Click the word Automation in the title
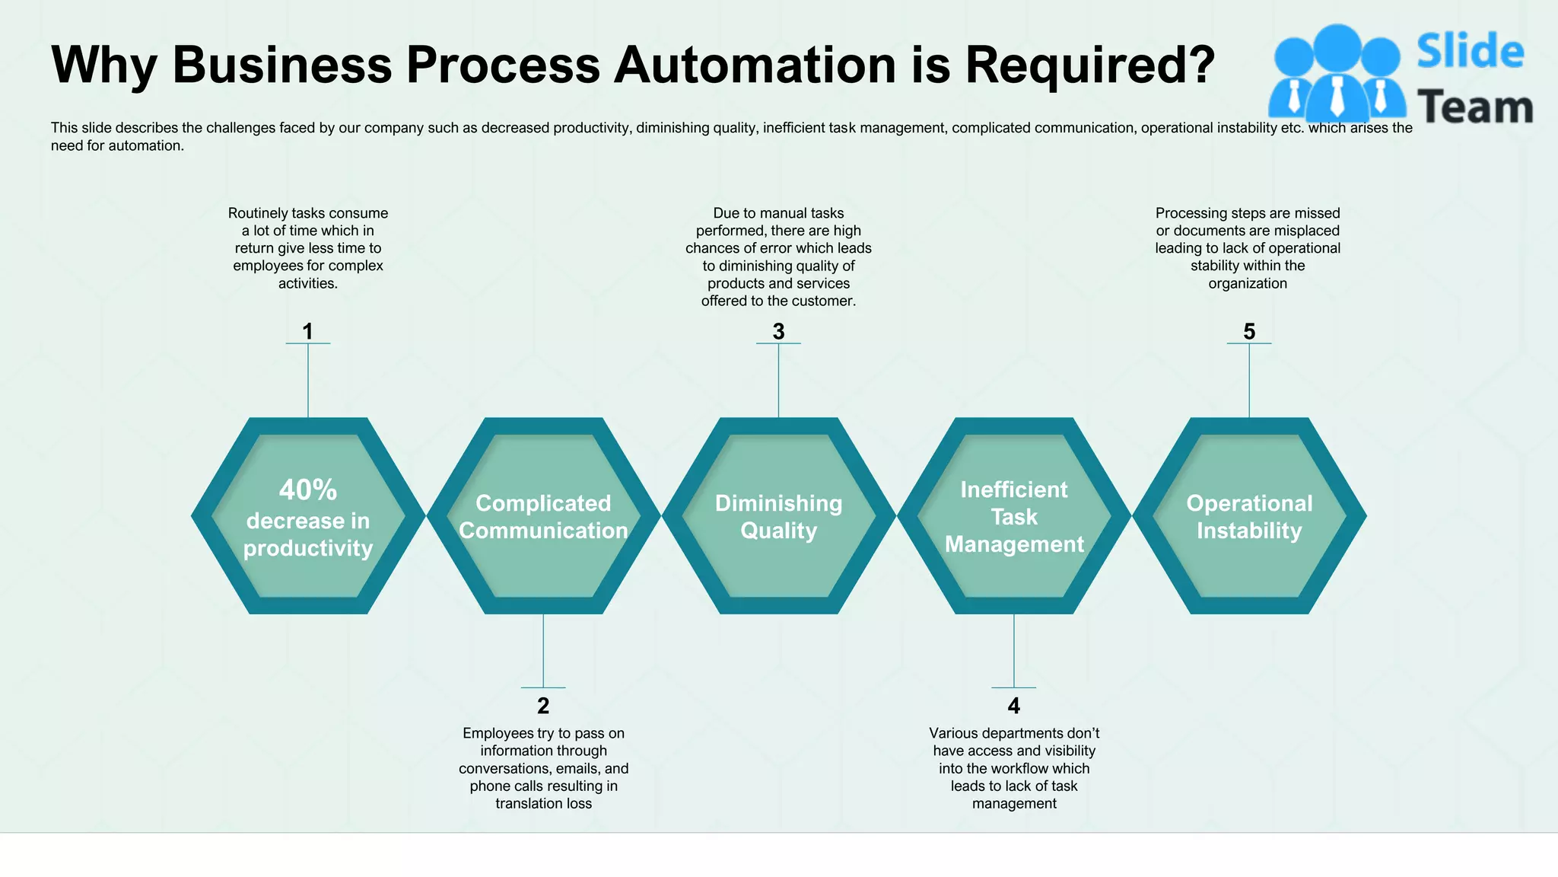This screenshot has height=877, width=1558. (x=755, y=65)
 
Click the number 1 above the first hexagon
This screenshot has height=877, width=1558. (x=307, y=332)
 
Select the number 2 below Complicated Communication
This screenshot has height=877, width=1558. (x=543, y=706)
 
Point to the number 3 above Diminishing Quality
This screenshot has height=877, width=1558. (x=778, y=332)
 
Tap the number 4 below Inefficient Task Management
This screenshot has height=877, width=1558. (x=1014, y=706)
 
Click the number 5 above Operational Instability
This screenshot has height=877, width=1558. (x=1249, y=332)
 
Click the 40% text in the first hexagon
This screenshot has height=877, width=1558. (x=307, y=490)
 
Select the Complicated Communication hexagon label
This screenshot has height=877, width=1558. (x=543, y=517)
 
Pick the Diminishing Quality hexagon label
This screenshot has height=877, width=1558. (x=778, y=517)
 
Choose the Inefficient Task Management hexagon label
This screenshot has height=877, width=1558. (x=1014, y=517)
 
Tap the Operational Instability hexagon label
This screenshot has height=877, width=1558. (x=1249, y=517)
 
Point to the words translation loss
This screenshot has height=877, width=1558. (x=543, y=804)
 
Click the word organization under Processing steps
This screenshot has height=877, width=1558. (x=1248, y=284)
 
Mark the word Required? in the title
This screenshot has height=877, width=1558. (x=1089, y=65)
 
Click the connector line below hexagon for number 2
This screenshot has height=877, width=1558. (x=543, y=651)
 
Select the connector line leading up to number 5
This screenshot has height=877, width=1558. (x=1249, y=381)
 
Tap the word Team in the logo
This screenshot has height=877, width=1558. (x=1474, y=107)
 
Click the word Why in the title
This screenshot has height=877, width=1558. (x=104, y=65)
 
